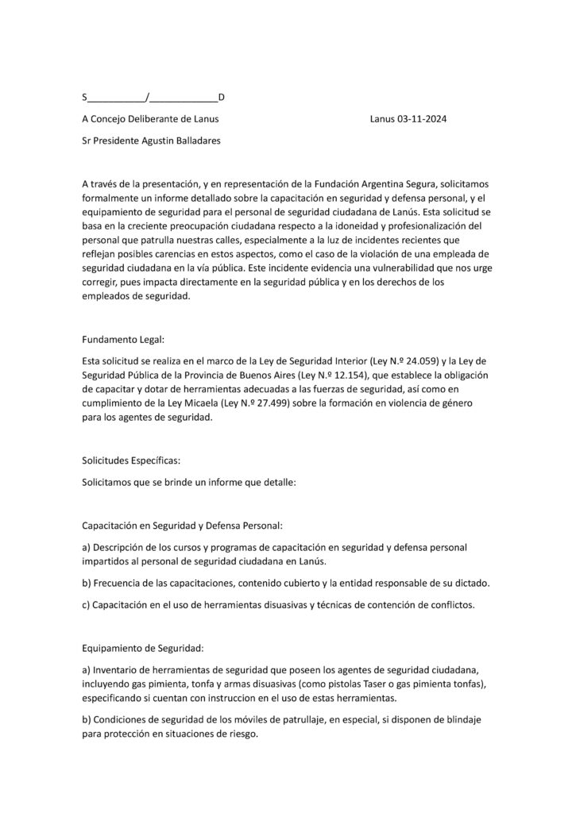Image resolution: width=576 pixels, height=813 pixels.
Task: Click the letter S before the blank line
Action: pyautogui.click(x=85, y=98)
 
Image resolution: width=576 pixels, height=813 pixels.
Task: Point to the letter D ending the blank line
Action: pyautogui.click(x=222, y=98)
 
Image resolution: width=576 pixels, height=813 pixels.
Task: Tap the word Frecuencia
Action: pyautogui.click(x=122, y=584)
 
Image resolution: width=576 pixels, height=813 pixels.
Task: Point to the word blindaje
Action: pyautogui.click(x=456, y=719)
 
